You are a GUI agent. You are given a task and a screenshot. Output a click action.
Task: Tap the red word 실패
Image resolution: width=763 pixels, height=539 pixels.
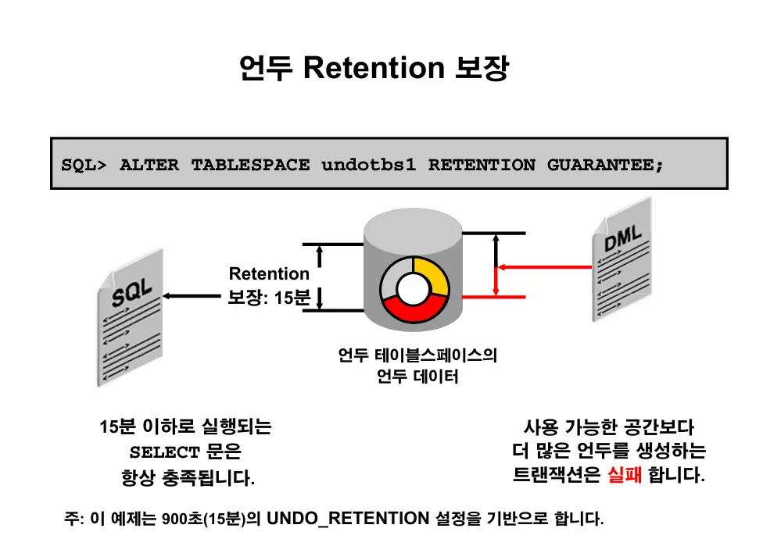click(x=624, y=475)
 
